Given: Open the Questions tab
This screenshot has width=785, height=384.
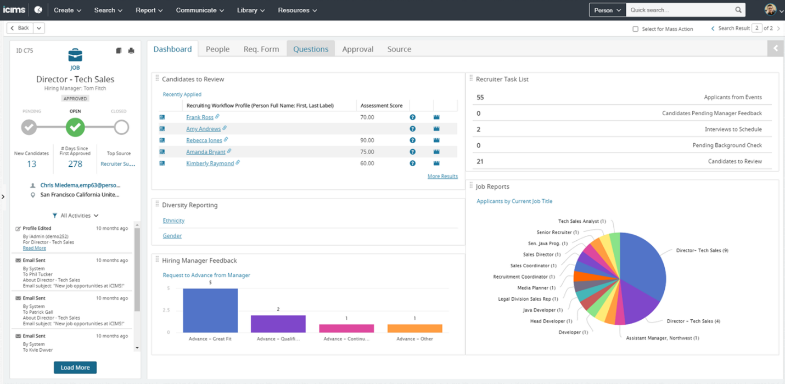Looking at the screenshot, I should (x=310, y=49).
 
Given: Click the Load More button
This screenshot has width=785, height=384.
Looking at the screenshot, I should (x=75, y=368).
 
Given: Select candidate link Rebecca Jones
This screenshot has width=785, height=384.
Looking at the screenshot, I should (x=204, y=140).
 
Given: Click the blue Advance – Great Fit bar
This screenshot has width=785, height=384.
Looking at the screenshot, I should (x=210, y=310).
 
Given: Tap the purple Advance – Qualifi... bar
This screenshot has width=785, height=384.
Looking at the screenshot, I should (x=278, y=324).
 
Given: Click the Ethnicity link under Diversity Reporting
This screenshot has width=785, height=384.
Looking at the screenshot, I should (x=173, y=221).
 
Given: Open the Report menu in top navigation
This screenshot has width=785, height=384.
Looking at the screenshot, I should (x=149, y=10).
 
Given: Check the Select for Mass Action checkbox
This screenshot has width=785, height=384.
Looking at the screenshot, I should (x=635, y=29).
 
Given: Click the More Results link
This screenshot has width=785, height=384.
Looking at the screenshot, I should (x=442, y=176).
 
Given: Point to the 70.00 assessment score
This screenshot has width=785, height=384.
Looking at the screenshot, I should (x=367, y=117).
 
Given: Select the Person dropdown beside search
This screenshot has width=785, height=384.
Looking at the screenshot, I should (x=607, y=10).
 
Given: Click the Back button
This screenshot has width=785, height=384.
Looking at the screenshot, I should (x=20, y=28).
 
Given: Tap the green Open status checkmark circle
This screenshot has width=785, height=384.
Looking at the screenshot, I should (x=75, y=127).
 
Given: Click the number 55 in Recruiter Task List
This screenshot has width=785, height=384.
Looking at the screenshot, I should (x=480, y=97).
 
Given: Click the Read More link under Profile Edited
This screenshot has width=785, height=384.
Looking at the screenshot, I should (x=34, y=248).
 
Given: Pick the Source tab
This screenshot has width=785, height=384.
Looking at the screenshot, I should (x=399, y=49).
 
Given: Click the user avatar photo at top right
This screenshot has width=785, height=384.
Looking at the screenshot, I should (x=770, y=10).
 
